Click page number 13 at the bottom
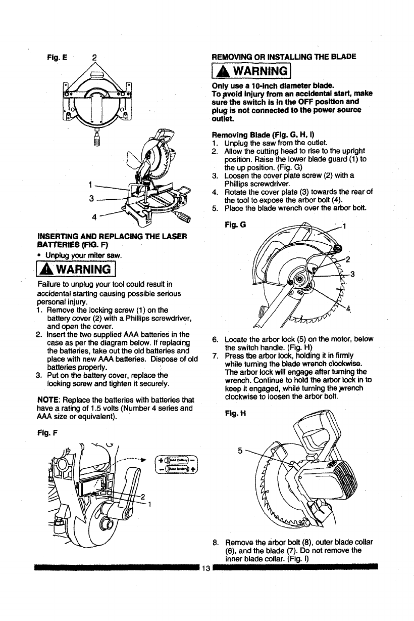pyautogui.click(x=205, y=567)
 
